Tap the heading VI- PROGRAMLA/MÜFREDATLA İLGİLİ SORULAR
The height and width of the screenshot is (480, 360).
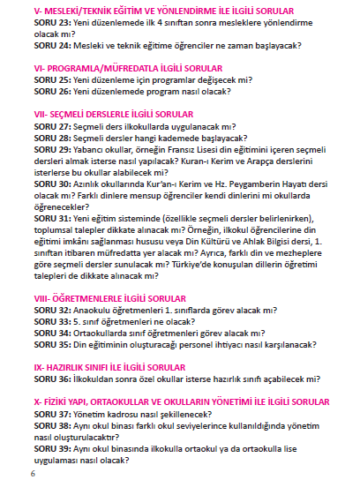tap(128, 67)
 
